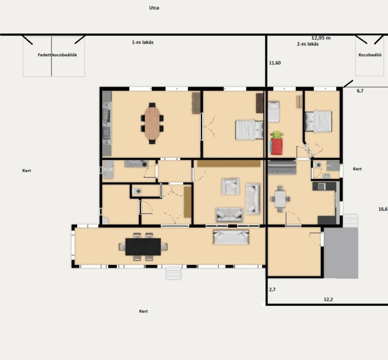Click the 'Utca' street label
[154, 8]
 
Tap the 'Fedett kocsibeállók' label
[57, 55]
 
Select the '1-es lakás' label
[143, 42]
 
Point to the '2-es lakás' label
[308, 44]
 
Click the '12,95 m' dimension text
[321, 38]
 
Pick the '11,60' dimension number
[275, 63]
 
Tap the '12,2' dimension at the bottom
[328, 299]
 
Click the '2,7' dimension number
[272, 290]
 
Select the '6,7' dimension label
[360, 91]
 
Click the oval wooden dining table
[152, 123]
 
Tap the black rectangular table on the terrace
[143, 247]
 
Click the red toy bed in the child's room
[276, 146]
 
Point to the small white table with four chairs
[280, 199]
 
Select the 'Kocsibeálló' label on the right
[370, 55]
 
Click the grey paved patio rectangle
[341, 253]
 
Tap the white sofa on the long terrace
[231, 237]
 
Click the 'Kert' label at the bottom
[144, 311]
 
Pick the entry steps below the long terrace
[174, 273]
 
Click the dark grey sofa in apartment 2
[282, 167]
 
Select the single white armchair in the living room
[230, 186]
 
